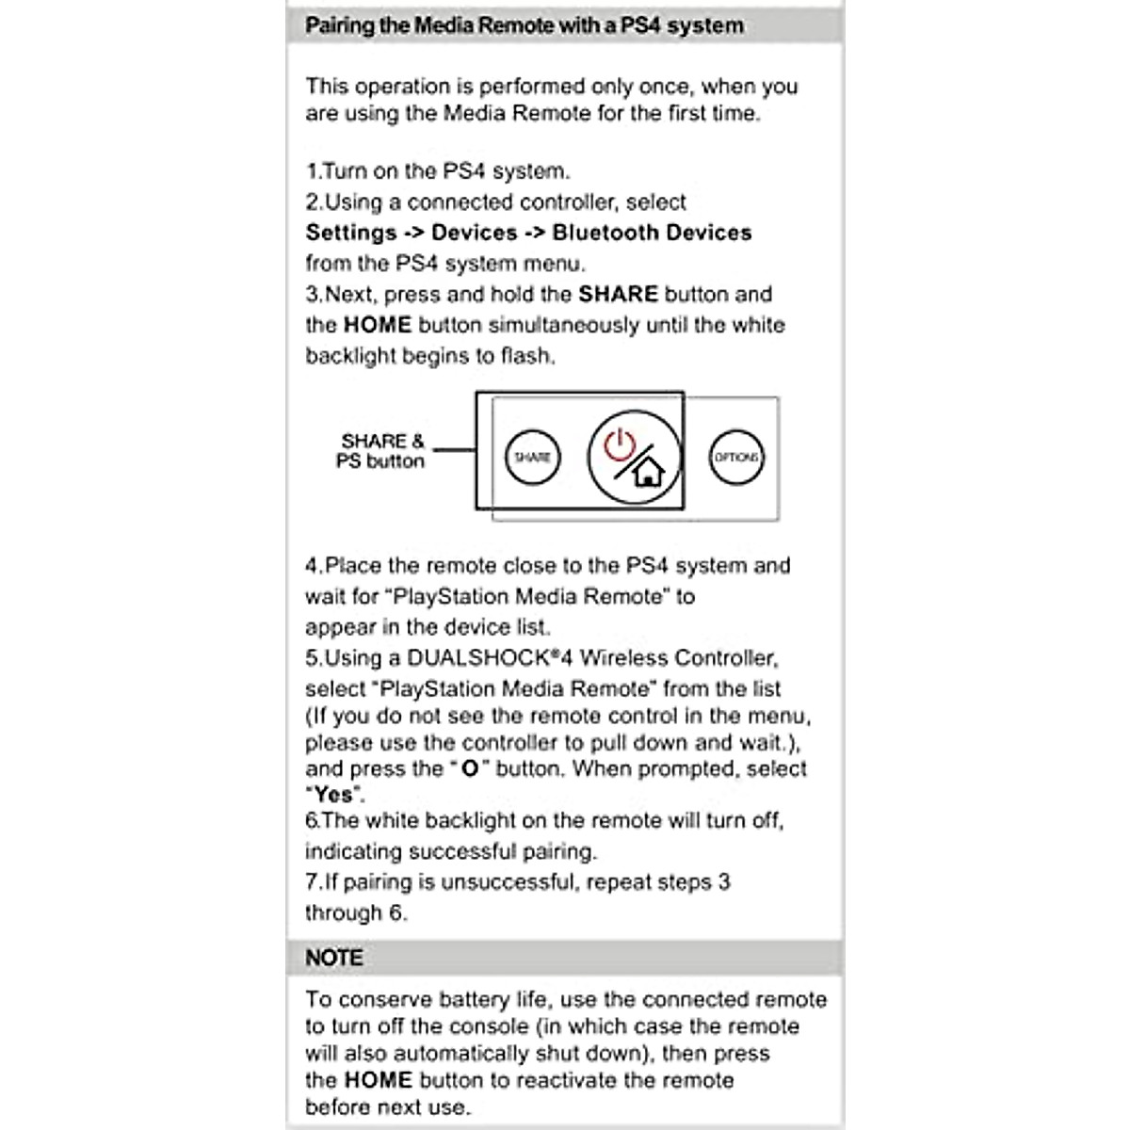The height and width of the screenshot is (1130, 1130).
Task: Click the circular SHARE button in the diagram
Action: click(532, 457)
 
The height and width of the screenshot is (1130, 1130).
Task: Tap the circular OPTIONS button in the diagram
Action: click(735, 457)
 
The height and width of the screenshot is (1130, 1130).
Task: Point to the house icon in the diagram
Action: click(649, 470)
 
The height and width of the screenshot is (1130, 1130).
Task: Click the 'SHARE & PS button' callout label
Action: click(381, 451)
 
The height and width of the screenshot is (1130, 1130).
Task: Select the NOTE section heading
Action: click(333, 958)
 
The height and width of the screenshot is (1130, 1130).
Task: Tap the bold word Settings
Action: click(351, 233)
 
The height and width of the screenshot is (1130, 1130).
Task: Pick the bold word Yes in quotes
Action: click(333, 795)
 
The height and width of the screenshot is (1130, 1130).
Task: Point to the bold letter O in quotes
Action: click(470, 769)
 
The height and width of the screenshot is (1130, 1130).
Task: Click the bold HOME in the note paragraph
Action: click(378, 1080)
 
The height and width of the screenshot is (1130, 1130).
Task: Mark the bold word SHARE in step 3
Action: click(618, 294)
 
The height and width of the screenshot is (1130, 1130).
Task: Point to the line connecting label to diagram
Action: click(454, 450)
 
